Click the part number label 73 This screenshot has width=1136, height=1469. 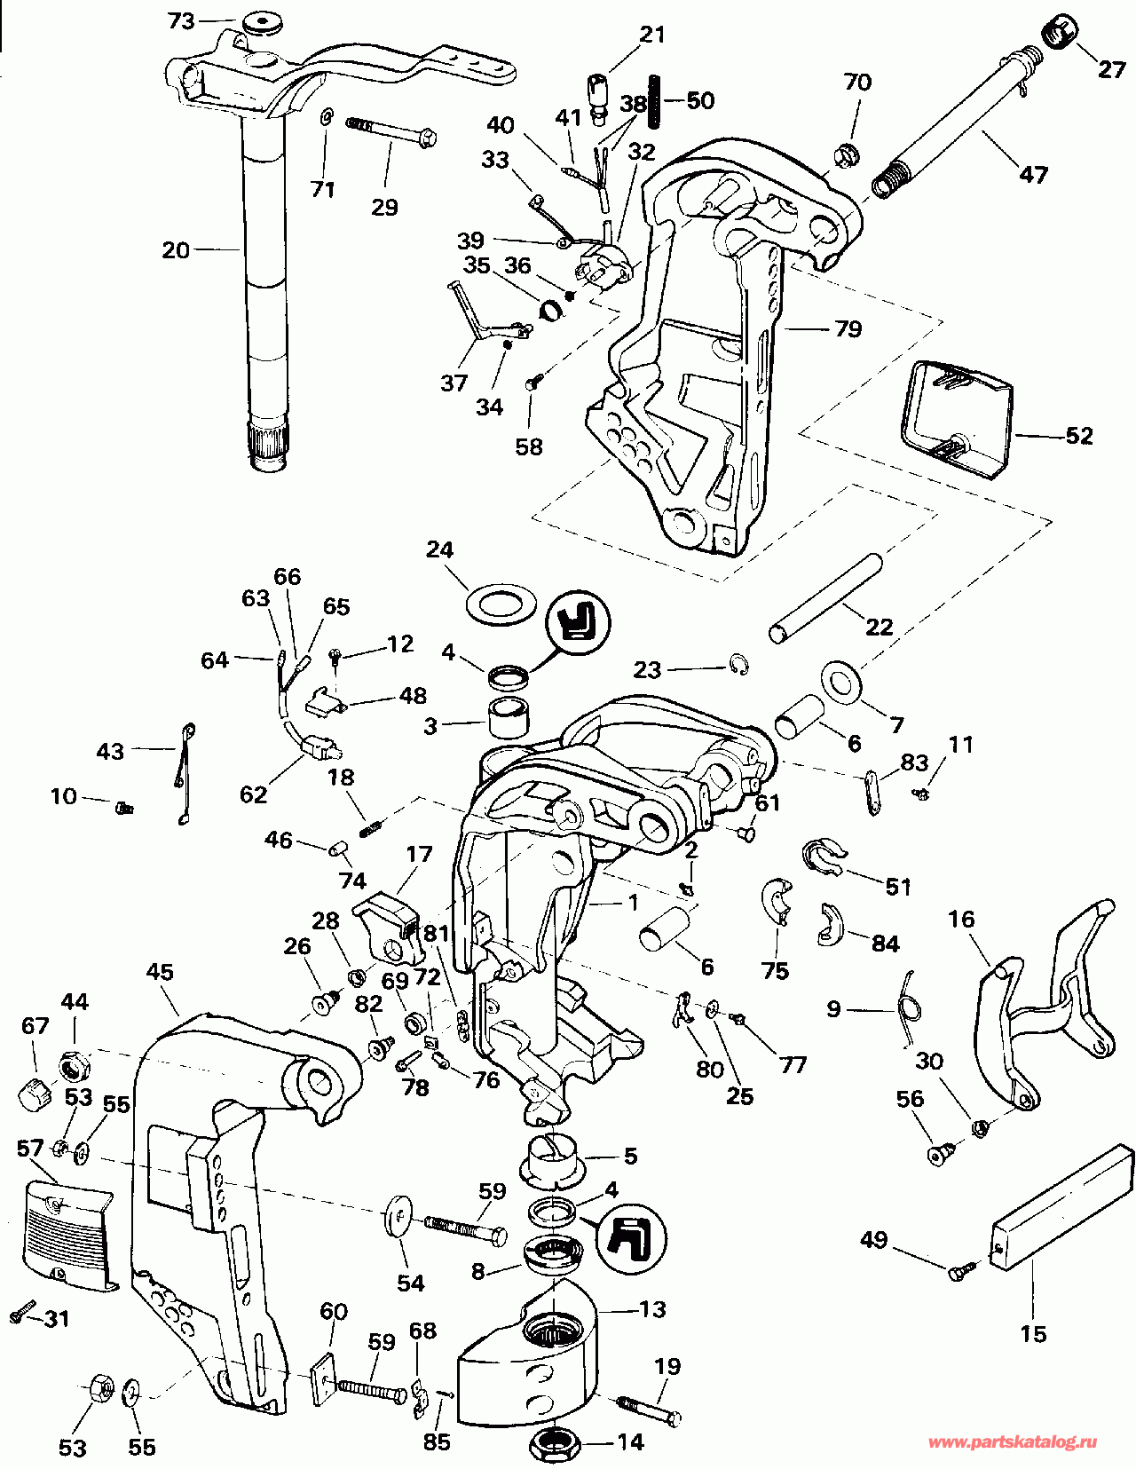(181, 20)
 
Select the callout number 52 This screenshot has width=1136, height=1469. (1078, 436)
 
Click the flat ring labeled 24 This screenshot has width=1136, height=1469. (500, 604)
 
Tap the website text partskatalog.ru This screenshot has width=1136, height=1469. (1013, 1443)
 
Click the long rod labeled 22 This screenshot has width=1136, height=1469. (825, 598)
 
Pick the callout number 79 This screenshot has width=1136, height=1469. (848, 329)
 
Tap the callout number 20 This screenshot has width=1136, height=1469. (176, 250)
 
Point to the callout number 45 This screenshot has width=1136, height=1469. (160, 972)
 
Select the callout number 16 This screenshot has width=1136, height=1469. (961, 920)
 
